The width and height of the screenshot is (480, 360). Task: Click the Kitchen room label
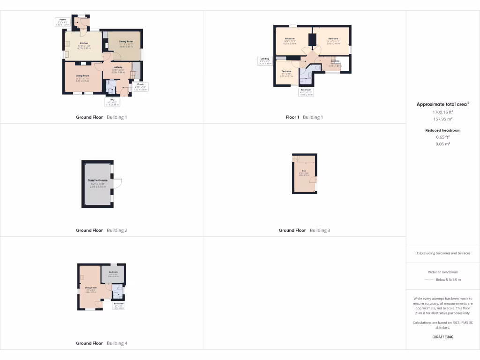[x=84, y=43]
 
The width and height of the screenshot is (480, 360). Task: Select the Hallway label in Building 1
[x=118, y=67]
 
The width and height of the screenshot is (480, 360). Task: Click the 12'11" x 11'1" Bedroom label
[x=333, y=38]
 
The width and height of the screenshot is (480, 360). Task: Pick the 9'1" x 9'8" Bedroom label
[x=286, y=72]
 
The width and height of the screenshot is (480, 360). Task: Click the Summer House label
[x=97, y=180]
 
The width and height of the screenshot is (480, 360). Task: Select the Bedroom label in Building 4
[x=113, y=272]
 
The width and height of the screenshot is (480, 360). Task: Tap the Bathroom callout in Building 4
[x=118, y=305]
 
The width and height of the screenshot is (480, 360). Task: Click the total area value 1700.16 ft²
[x=442, y=112]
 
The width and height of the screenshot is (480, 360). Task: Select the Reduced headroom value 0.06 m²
[x=442, y=144]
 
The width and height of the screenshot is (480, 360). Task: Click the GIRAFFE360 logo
[x=442, y=337]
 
